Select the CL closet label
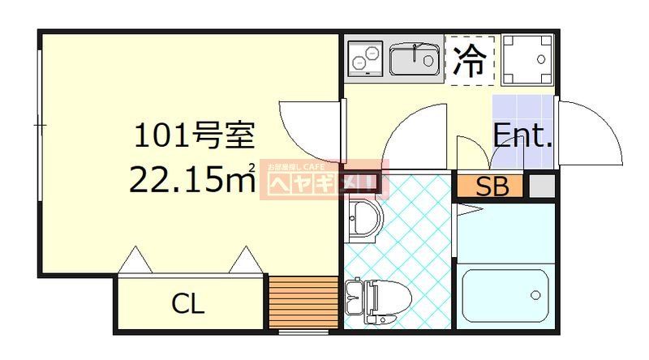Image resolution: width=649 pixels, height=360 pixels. click(x=188, y=305)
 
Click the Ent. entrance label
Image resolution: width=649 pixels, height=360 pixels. click(x=523, y=135)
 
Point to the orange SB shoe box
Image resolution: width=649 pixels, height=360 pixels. click(x=492, y=186)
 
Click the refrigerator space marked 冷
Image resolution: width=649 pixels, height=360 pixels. click(x=471, y=60)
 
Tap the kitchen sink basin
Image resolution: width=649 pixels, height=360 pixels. click(x=415, y=59)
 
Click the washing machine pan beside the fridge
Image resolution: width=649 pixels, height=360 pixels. click(x=527, y=58)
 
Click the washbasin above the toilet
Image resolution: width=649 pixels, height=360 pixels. click(x=363, y=220)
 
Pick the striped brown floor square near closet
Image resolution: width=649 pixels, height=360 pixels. click(x=303, y=302)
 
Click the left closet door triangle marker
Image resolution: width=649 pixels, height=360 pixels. click(x=135, y=260)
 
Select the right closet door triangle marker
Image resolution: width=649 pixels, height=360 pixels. click(x=244, y=260)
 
